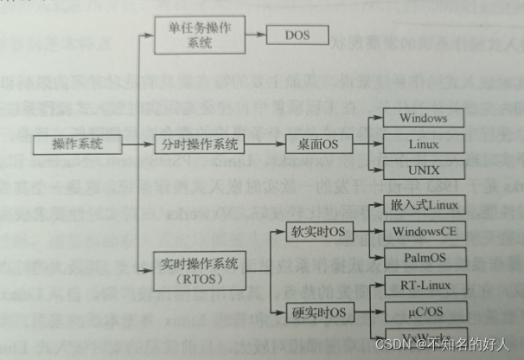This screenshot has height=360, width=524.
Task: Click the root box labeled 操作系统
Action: [x=65, y=145]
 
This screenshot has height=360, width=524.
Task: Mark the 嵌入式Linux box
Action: [x=424, y=206]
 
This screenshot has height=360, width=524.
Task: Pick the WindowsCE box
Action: [x=424, y=232]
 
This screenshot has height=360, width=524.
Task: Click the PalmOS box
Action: [x=424, y=258]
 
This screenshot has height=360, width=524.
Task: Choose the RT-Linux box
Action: [x=424, y=286]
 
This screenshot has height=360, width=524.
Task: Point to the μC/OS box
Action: [x=424, y=312]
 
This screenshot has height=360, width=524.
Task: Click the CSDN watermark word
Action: [x=392, y=344]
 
